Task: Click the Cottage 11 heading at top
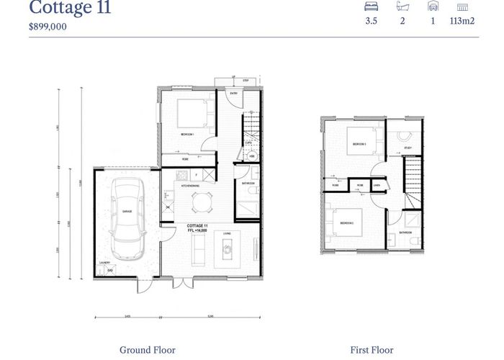pyautogui.click(x=70, y=8)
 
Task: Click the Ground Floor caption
pyautogui.click(x=147, y=350)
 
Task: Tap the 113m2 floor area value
pyautogui.click(x=462, y=22)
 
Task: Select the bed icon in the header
pyautogui.click(x=372, y=6)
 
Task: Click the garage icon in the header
pyautogui.click(x=432, y=6)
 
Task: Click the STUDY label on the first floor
pyautogui.click(x=407, y=148)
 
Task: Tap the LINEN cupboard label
pyautogui.click(x=377, y=186)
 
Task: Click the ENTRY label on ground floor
pyautogui.click(x=233, y=94)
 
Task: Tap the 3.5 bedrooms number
pyautogui.click(x=372, y=22)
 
